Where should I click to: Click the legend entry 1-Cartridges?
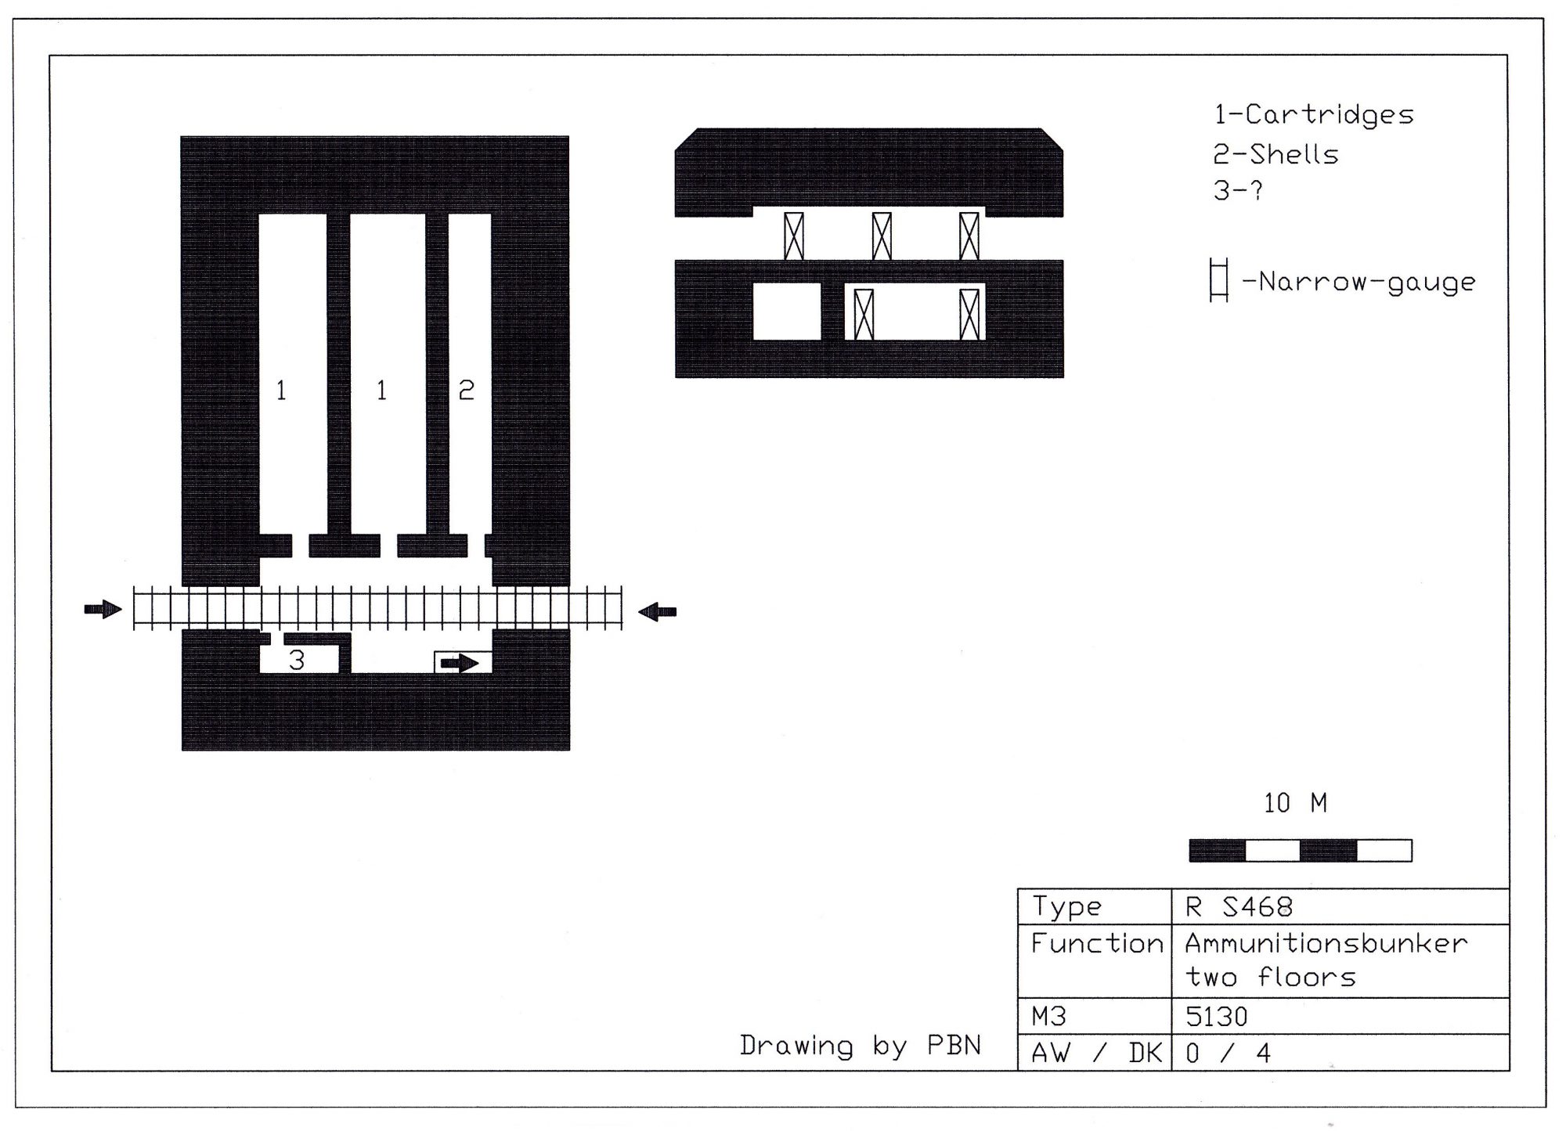[1314, 115]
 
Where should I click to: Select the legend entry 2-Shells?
[1276, 154]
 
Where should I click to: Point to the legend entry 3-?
[1238, 190]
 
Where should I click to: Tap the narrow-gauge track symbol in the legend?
[1219, 279]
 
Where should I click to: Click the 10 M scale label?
[1296, 803]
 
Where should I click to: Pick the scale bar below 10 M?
[1301, 851]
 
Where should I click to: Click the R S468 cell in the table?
[1239, 907]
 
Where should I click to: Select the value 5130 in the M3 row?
[1216, 1017]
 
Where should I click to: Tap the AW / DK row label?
[1096, 1054]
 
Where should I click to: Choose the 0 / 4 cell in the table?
[1228, 1054]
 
